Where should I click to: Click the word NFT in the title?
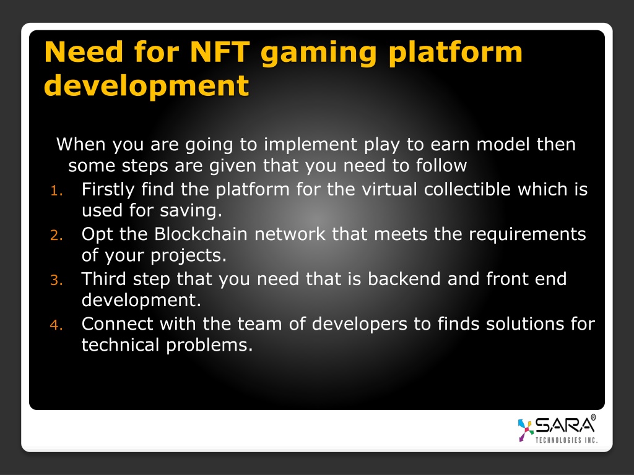(220, 52)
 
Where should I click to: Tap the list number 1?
(56, 190)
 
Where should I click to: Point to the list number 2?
(56, 236)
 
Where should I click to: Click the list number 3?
(56, 280)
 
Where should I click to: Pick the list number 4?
(56, 325)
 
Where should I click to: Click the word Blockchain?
(201, 234)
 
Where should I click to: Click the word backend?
(404, 279)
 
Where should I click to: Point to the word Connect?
(117, 323)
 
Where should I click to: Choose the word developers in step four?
(360, 325)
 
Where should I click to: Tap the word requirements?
(528, 234)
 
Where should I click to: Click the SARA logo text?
(565, 426)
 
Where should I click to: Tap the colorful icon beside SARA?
(525, 430)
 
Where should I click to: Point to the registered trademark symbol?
(593, 417)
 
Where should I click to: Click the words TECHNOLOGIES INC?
(566, 440)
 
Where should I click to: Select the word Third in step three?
(104, 279)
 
